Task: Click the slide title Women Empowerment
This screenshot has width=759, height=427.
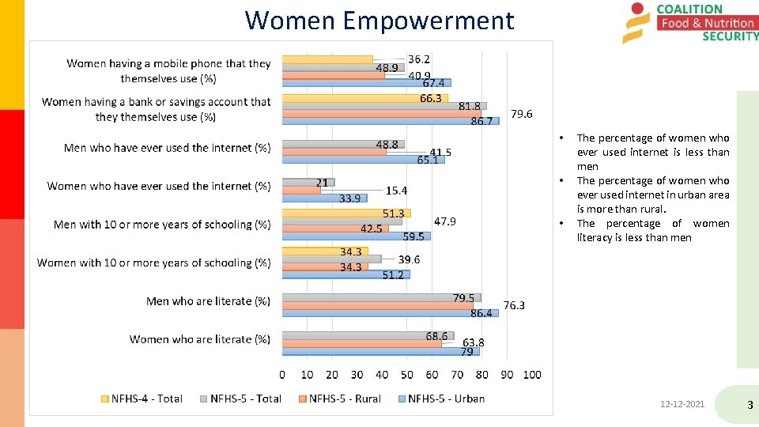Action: (x=379, y=20)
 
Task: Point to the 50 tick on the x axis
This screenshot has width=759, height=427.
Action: (x=406, y=375)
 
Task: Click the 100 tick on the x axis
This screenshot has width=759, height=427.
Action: (x=531, y=375)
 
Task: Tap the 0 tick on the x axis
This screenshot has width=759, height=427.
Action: (x=282, y=375)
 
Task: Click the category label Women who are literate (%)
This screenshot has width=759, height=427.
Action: (x=200, y=339)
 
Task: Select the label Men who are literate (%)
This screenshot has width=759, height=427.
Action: (x=208, y=301)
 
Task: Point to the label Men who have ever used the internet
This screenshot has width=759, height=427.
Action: (x=167, y=148)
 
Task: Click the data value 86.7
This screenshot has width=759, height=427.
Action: (x=481, y=122)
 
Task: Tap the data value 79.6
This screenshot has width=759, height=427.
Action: (x=522, y=114)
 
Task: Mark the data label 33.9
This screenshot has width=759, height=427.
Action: (x=349, y=198)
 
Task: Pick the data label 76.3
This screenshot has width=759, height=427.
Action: (x=514, y=305)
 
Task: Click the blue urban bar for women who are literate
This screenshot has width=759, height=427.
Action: (x=379, y=352)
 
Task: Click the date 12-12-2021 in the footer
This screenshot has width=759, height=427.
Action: (x=682, y=405)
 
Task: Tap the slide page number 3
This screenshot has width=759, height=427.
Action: (x=750, y=406)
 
